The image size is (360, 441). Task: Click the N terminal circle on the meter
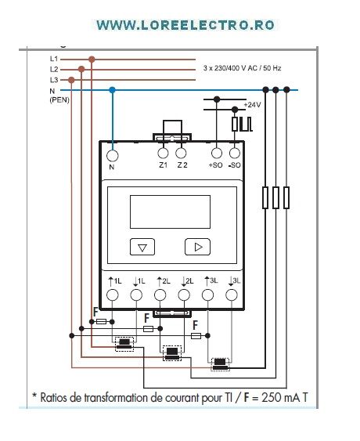pos(113,156)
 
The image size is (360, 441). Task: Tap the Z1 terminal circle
pos(163,154)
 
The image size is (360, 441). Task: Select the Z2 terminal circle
pos(181,154)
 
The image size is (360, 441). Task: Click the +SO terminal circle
pos(217,154)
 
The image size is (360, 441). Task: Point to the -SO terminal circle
pos(235,154)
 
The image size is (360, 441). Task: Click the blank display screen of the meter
pos(170,211)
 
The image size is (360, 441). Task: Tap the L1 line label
pos(54,59)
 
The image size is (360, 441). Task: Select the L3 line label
pos(54,80)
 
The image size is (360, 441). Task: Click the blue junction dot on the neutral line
pos(113,90)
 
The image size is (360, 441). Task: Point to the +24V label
pos(252,105)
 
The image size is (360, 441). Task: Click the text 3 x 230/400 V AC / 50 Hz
pos(243,68)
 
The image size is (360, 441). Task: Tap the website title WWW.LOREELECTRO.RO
pos(185,25)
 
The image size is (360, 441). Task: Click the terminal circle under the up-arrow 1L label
pos(113,295)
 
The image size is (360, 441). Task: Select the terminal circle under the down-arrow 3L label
pos(232,295)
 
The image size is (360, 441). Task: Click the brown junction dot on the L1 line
pos(92,60)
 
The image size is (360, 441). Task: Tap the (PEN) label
pos(59,99)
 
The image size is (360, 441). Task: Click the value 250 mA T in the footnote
pos(285,397)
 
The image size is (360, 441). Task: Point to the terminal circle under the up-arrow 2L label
pos(160,295)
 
